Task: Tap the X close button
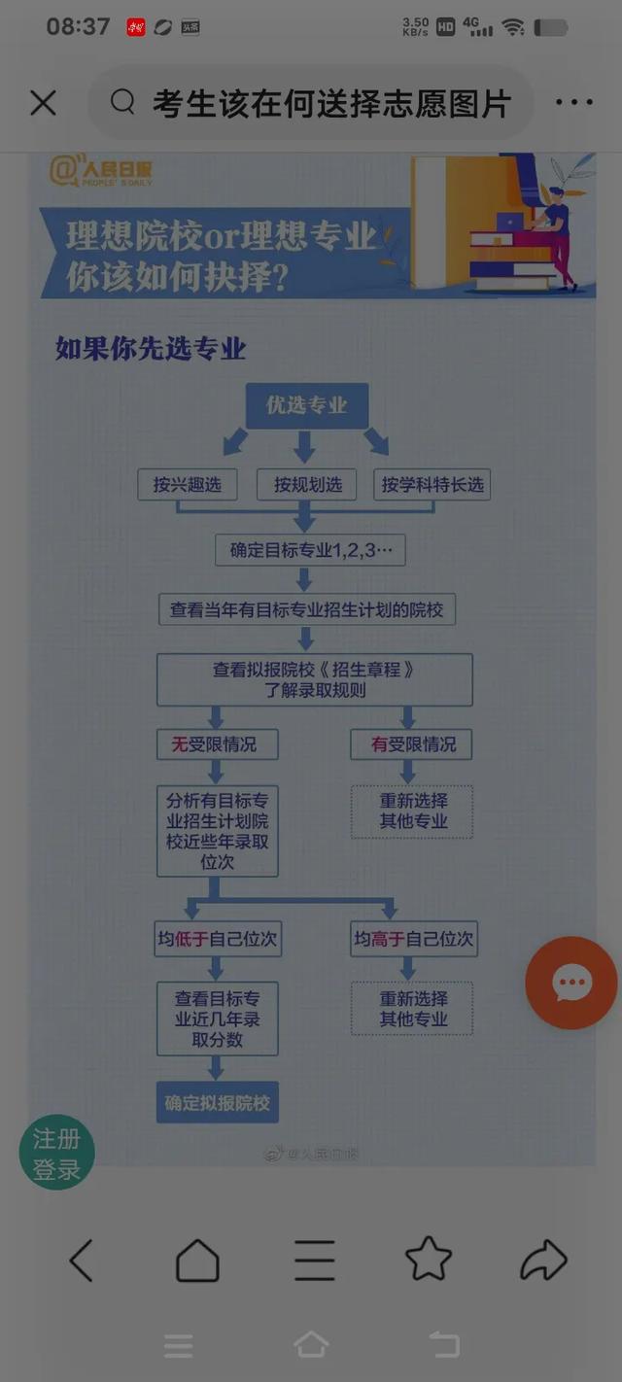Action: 43,103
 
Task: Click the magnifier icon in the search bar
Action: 122,102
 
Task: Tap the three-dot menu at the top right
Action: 573,103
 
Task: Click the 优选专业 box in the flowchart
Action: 306,405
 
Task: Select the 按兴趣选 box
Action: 187,484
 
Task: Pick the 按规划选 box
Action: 307,484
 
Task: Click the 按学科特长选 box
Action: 432,484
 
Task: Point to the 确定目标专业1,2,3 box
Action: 310,550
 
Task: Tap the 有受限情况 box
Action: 413,744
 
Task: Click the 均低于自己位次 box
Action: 217,940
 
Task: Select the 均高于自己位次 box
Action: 414,940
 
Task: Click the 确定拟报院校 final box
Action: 217,1103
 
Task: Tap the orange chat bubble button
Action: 571,983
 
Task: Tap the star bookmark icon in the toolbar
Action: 429,1261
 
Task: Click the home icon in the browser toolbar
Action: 197,1261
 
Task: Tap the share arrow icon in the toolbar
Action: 543,1261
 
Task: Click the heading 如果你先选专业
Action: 151,349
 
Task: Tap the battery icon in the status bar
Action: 551,27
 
